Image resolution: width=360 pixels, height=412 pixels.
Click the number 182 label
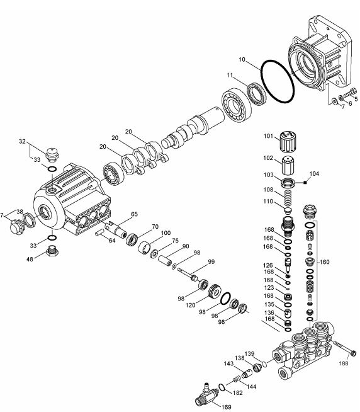[x=238, y=392]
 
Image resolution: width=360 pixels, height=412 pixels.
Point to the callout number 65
[x=133, y=215]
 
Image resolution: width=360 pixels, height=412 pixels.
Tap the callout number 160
[x=324, y=261]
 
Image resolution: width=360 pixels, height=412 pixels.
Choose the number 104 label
[x=315, y=173]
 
